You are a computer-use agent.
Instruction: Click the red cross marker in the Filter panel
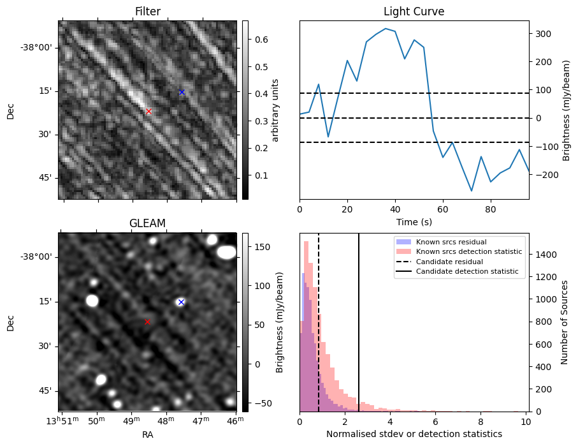148,111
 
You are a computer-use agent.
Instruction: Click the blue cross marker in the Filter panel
182,92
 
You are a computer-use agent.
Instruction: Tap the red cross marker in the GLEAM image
147,322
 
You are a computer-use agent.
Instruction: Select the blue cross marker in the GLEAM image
181,302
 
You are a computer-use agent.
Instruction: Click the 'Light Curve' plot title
414,11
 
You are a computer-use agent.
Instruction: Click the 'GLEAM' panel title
147,223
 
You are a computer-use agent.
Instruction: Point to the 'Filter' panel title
147,11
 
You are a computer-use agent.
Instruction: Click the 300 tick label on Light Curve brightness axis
543,34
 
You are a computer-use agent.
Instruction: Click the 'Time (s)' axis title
414,221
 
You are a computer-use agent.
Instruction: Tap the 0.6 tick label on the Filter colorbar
262,40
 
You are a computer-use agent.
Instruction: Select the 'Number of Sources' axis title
565,322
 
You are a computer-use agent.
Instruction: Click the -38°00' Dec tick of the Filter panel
36,48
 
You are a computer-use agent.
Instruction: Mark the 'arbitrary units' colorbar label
276,110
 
